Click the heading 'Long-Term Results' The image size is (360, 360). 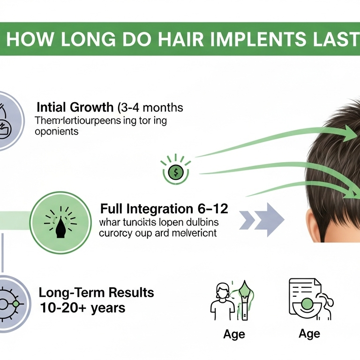tap(96, 293)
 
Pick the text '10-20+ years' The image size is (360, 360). tap(82, 308)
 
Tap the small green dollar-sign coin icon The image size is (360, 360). tap(175, 172)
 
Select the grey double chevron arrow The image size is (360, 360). tap(262, 218)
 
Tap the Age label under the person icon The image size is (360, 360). tap(234, 334)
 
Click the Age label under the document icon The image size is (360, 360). tap(309, 333)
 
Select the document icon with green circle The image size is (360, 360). tap(305, 300)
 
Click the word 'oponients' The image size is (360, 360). tap(58, 132)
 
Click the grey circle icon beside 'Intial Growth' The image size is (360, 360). tap(7, 120)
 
